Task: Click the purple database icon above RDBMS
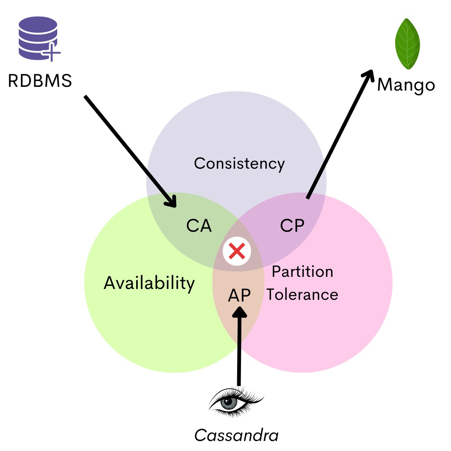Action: [38, 38]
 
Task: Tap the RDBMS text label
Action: [40, 81]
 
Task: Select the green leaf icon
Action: [407, 44]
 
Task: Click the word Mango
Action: [406, 85]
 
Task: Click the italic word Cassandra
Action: [236, 436]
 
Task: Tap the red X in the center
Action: [237, 251]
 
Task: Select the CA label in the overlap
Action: [199, 226]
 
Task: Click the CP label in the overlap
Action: [292, 226]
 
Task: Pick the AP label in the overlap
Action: [239, 295]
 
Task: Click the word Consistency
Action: [239, 163]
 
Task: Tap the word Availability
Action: [149, 283]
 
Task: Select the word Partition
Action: [302, 272]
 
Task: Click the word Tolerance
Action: [302, 294]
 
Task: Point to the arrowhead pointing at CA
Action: [172, 202]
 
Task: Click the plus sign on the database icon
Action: [53, 53]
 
